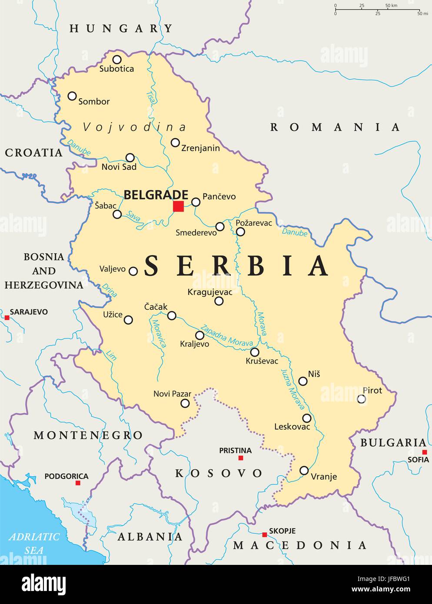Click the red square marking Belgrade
click(178, 206)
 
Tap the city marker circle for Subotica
click(116, 60)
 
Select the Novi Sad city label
click(119, 167)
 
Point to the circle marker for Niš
click(303, 381)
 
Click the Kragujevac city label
click(210, 292)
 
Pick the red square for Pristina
click(241, 458)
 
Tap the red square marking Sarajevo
click(7, 318)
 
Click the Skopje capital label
click(282, 531)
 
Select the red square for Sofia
click(425, 452)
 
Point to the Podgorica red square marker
click(78, 483)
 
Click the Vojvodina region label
click(134, 127)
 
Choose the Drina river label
click(110, 290)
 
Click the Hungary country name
click(121, 29)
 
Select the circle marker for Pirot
click(361, 399)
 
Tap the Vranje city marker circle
click(304, 470)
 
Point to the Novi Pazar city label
click(172, 394)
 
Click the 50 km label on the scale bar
click(391, 6)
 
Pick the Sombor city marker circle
click(72, 96)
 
